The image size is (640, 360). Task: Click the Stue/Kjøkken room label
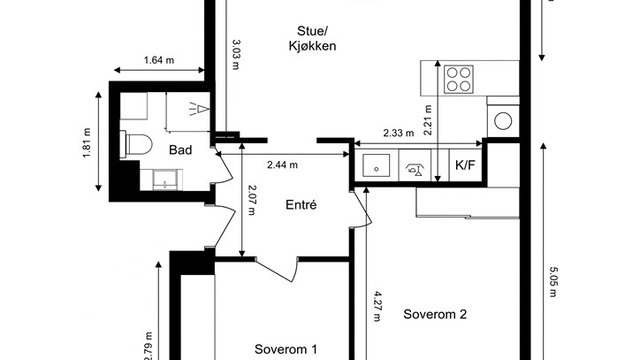(312, 38)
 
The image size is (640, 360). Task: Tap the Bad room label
(180, 150)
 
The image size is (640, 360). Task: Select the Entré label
(301, 204)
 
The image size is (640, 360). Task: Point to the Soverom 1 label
(286, 349)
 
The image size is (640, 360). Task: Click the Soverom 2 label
(435, 314)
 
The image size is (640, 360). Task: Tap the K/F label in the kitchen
(465, 165)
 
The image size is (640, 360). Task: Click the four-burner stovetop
(458, 79)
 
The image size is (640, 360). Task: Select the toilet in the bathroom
(136, 144)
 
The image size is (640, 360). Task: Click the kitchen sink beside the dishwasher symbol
(376, 165)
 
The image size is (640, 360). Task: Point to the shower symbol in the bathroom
(199, 109)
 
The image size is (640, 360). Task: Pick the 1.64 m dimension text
(159, 60)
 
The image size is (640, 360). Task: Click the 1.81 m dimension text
(87, 143)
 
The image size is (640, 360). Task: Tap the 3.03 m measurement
(236, 54)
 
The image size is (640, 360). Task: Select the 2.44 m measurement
(282, 165)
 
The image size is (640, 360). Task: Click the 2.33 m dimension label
(398, 133)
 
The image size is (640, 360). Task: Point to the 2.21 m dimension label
(427, 120)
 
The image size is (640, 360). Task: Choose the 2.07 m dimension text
(251, 200)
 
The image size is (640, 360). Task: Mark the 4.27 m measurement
(377, 306)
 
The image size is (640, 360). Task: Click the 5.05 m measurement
(553, 282)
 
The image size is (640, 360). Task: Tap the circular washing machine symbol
(503, 121)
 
